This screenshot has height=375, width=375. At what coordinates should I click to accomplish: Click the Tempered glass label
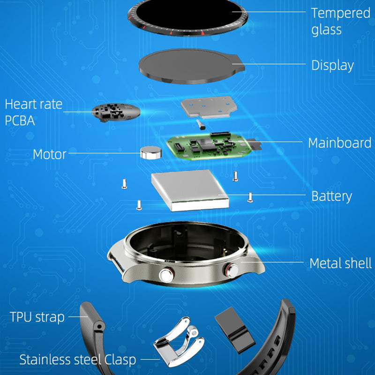click(x=341, y=22)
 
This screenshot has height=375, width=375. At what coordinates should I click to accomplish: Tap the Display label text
click(x=332, y=65)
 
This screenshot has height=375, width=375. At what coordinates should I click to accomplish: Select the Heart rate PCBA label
click(x=33, y=112)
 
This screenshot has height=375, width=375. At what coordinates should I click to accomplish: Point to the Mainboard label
click(x=339, y=143)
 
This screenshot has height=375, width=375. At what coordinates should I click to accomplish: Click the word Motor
click(x=50, y=154)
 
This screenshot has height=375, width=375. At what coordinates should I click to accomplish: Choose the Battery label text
click(x=331, y=196)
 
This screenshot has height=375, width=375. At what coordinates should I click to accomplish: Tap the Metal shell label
click(x=341, y=263)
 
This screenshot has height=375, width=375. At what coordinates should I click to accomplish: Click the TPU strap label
click(x=37, y=317)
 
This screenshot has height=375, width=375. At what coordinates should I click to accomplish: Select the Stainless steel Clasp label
click(x=78, y=360)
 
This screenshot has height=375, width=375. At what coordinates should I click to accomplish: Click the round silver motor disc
click(x=150, y=152)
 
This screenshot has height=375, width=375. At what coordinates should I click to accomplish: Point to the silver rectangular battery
click(x=190, y=190)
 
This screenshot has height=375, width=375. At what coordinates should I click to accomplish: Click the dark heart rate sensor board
click(x=116, y=112)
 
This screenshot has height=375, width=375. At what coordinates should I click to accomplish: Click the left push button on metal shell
click(x=167, y=275)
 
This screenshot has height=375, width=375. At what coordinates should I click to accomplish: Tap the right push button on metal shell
click(x=231, y=270)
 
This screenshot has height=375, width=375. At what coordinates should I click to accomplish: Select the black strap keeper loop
click(x=235, y=330)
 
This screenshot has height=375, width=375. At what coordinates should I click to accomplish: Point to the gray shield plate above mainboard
click(x=209, y=107)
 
